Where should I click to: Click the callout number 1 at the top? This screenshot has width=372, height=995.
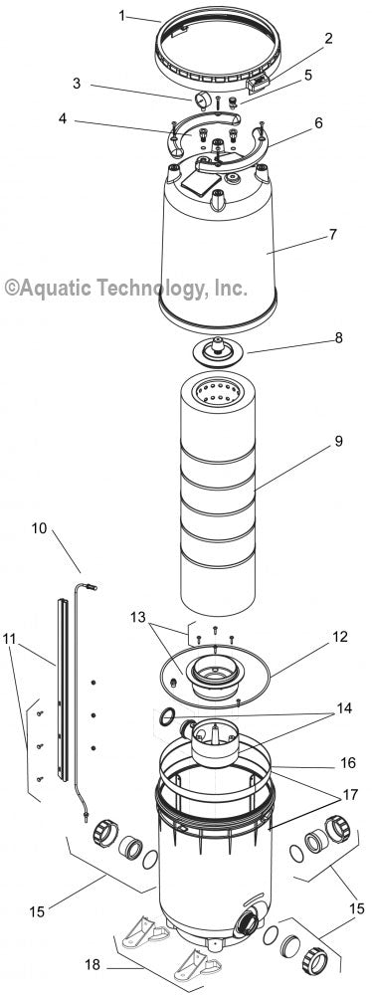(x=121, y=15)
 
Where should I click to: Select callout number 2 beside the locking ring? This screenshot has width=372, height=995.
(x=328, y=39)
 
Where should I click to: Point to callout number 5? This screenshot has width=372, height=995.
(x=308, y=75)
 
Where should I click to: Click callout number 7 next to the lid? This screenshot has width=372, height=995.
(x=333, y=235)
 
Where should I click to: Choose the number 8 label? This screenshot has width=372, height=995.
(x=337, y=337)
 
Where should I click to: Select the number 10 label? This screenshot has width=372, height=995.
(x=38, y=528)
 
